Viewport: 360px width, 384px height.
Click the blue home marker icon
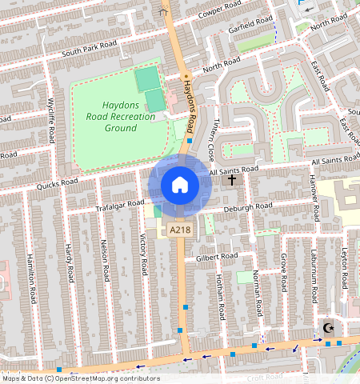pyautogui.click(x=180, y=185)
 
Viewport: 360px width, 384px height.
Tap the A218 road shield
pyautogui.click(x=179, y=230)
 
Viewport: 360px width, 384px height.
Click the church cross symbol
pyautogui.click(x=232, y=181)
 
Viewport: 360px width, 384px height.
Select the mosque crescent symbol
pyautogui.click(x=327, y=328)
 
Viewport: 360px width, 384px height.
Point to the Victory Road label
pyautogui.click(x=144, y=254)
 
